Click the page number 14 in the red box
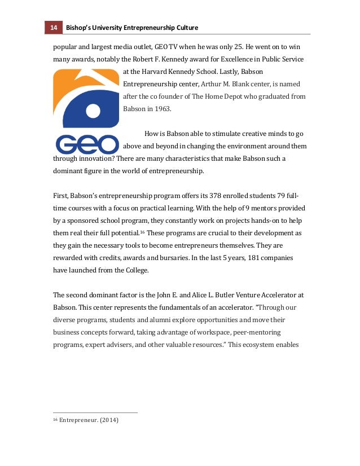point(54,28)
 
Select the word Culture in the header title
point(185,28)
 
